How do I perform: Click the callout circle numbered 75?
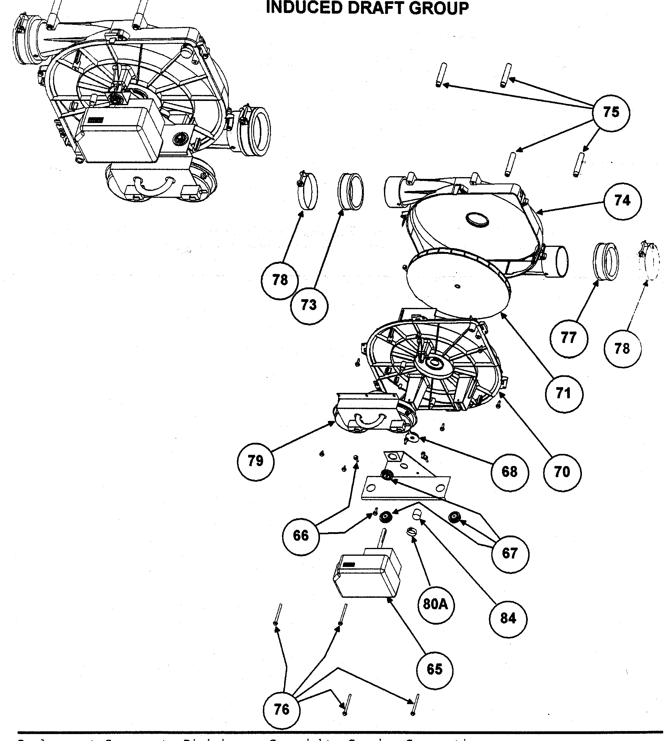coord(611,112)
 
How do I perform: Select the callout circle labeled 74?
coord(622,201)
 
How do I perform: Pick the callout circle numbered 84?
coord(508,619)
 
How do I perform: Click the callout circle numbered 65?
coord(434,669)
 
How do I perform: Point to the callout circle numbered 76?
coord(281,710)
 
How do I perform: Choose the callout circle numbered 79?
coord(255,461)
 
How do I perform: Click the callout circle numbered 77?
coord(569,338)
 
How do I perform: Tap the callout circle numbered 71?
coord(563,393)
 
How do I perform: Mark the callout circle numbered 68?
coord(509,472)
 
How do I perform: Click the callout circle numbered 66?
coord(301,536)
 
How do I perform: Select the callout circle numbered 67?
coord(510,553)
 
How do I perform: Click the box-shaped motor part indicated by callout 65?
coord(365,577)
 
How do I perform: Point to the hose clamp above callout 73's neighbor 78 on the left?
coord(307,192)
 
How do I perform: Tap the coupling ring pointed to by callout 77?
coord(605,261)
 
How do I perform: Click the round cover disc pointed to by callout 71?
coord(459,283)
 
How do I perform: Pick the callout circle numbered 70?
coord(562,472)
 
